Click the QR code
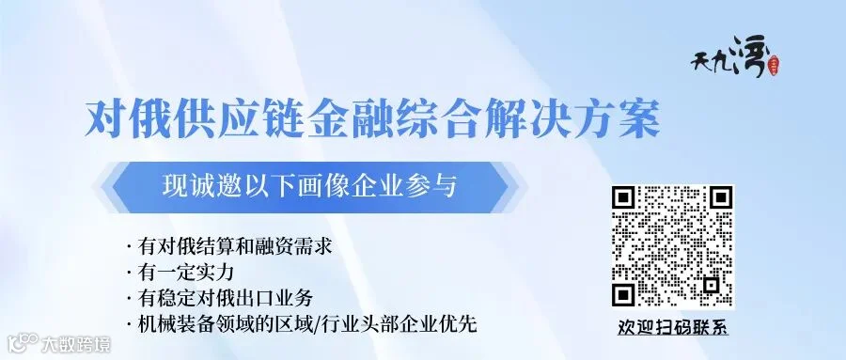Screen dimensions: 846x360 pos(672,247)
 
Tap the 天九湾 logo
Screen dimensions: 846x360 pos(735,61)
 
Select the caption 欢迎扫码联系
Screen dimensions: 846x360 pos(672,328)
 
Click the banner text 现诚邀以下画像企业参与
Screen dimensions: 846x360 pos(309,187)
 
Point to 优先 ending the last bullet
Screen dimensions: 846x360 pos(458,324)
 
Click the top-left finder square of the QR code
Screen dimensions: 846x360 pos(622,197)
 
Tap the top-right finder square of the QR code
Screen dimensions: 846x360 pos(722,197)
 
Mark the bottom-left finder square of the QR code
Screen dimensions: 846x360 pos(622,296)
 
